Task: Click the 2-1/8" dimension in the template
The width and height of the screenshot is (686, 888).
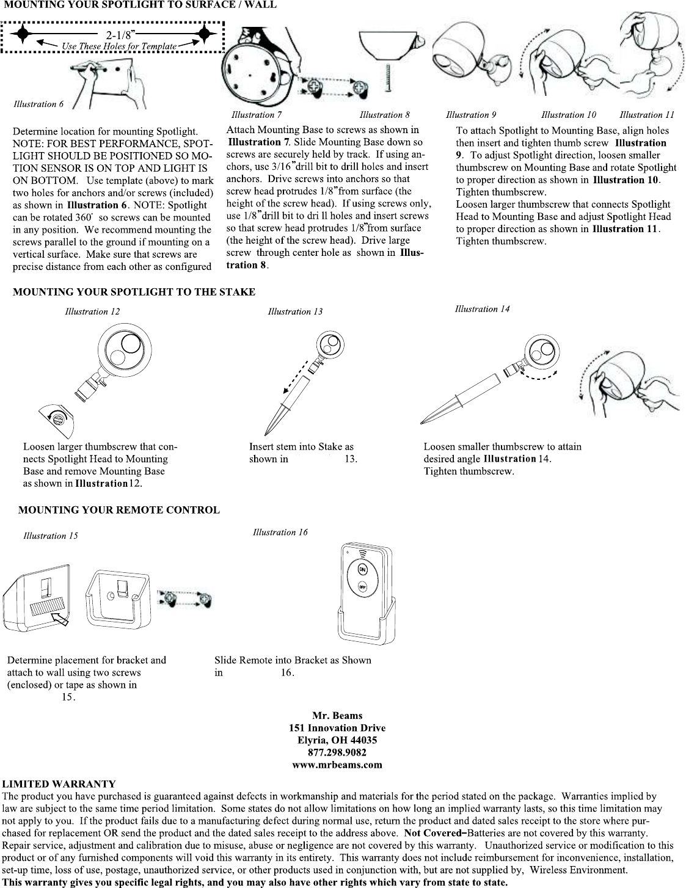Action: pyautogui.click(x=121, y=34)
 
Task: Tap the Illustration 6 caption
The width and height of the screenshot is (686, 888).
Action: pyautogui.click(x=38, y=104)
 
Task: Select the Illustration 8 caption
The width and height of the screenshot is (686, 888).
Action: pyautogui.click(x=384, y=115)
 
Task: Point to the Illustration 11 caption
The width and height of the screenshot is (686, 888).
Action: pyautogui.click(x=647, y=115)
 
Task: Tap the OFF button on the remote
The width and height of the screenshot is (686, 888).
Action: pyautogui.click(x=362, y=588)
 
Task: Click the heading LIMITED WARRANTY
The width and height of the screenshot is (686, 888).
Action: pyautogui.click(x=59, y=784)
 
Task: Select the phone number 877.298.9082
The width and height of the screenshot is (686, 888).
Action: pyautogui.click(x=337, y=752)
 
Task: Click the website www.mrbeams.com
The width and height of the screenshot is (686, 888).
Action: pyautogui.click(x=337, y=764)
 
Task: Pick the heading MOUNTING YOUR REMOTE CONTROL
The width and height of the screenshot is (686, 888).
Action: pyautogui.click(x=119, y=510)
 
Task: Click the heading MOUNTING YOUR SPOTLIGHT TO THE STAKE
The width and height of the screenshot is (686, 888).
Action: pyautogui.click(x=134, y=292)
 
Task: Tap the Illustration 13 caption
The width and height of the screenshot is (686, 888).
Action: pyautogui.click(x=295, y=311)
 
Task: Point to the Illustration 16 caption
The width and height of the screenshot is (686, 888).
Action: pyautogui.click(x=280, y=533)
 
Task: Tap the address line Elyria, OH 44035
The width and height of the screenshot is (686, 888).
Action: pyautogui.click(x=337, y=740)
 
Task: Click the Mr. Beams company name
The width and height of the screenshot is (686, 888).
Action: pyautogui.click(x=337, y=715)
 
